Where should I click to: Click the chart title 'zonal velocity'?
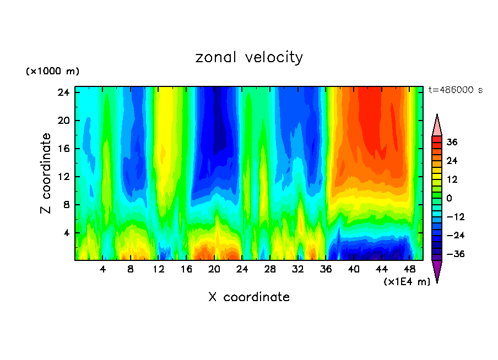click(x=249, y=57)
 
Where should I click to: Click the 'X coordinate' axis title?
click(x=249, y=297)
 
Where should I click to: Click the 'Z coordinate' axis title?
click(x=46, y=173)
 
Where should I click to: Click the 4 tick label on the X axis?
click(x=103, y=269)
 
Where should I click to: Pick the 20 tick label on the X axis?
click(x=214, y=269)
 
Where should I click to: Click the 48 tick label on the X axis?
click(x=409, y=269)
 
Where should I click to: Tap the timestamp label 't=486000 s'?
click(x=455, y=90)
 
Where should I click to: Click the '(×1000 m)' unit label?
click(x=52, y=72)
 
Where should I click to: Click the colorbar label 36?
click(x=451, y=142)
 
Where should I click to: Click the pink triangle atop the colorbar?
click(x=437, y=126)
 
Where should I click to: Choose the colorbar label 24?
click(x=451, y=161)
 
